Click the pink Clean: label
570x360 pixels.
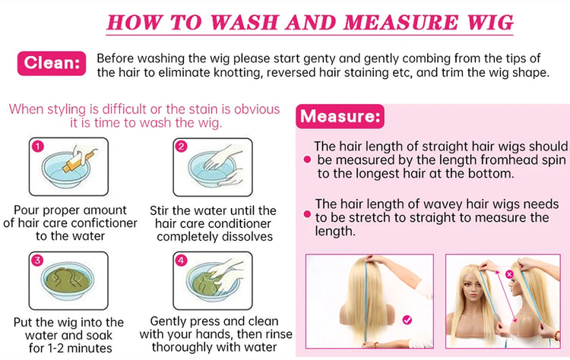[x=52, y=63]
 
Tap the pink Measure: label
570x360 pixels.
[x=340, y=117]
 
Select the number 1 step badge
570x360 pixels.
[x=38, y=147]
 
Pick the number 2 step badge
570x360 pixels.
[x=181, y=147]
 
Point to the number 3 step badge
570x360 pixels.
[x=37, y=260]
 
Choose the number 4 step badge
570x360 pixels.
[x=181, y=260]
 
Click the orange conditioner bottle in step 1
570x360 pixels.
[x=78, y=162]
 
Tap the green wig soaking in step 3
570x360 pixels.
[x=67, y=280]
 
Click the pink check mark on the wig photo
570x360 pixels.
[x=407, y=320]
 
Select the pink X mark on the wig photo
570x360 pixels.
[x=509, y=274]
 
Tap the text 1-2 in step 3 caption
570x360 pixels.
[x=52, y=348]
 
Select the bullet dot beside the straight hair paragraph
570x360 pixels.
[x=307, y=159]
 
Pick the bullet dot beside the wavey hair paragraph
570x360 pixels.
[x=307, y=214]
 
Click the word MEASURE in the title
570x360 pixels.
[x=401, y=23]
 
